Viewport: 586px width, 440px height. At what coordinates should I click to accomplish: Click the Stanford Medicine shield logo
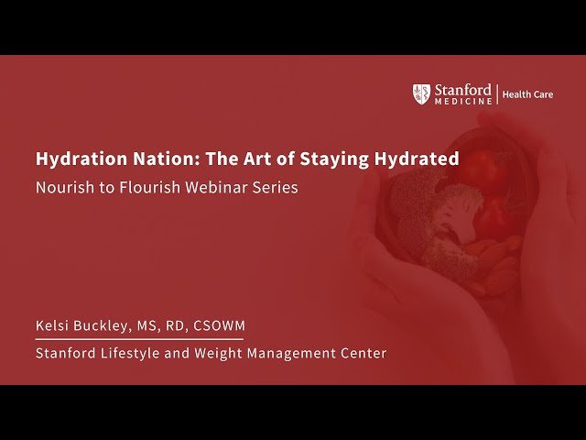coord(421,93)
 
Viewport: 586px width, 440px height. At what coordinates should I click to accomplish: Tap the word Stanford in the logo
coord(461,89)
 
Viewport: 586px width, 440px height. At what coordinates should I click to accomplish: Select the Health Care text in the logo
coord(528,94)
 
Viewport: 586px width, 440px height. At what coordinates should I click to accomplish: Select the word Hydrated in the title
coord(417,159)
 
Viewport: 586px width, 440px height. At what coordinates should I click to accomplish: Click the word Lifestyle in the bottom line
coord(127,353)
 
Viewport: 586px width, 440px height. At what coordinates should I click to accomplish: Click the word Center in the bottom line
coord(364,353)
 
